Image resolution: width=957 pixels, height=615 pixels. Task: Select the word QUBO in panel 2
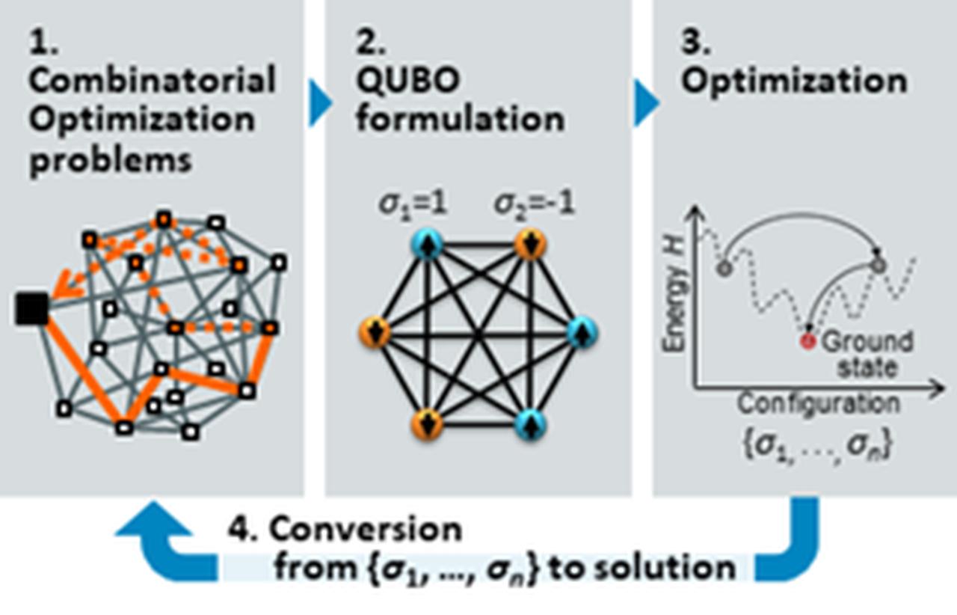(x=407, y=80)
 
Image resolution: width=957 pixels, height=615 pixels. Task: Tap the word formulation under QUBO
(x=460, y=119)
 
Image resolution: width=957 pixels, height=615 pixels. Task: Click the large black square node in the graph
(x=31, y=309)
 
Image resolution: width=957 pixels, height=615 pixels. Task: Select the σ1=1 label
(x=410, y=205)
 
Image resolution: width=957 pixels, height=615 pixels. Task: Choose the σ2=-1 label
(x=535, y=205)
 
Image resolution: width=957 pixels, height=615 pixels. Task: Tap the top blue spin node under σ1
(x=427, y=245)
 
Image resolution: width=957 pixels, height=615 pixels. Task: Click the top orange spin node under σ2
(x=529, y=245)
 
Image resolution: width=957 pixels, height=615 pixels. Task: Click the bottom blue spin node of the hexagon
(x=530, y=423)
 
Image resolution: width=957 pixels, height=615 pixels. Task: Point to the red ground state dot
(x=807, y=342)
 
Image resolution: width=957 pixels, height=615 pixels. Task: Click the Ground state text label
(x=867, y=354)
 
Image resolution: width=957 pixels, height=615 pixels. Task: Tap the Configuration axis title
(x=818, y=404)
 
